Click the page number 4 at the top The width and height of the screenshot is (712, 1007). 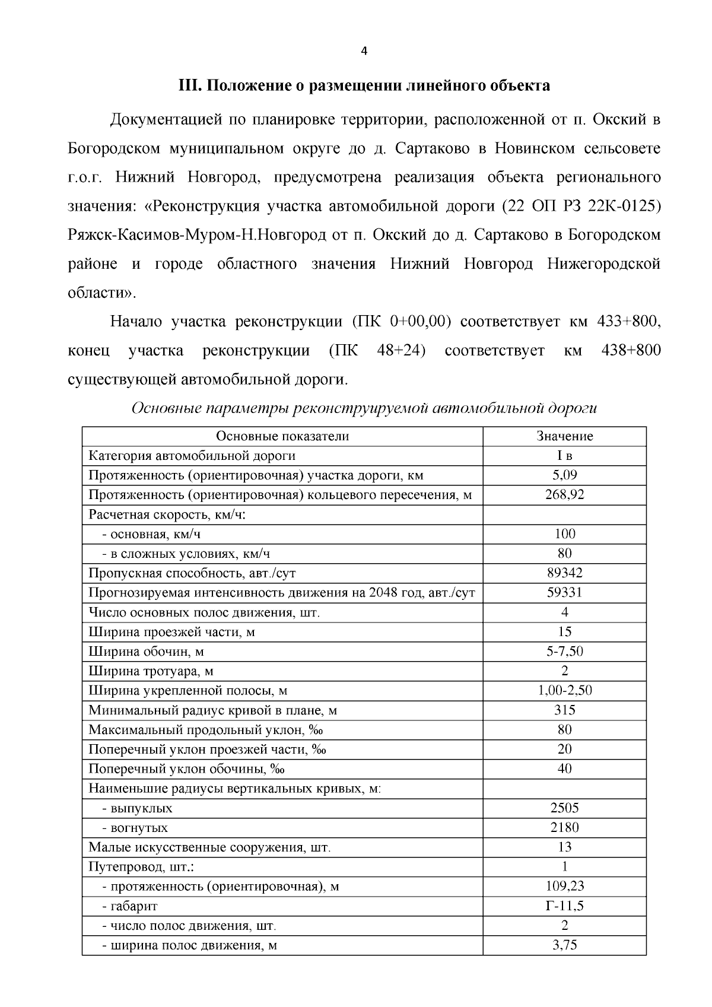click(x=364, y=52)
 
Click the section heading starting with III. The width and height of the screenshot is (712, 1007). click(x=364, y=86)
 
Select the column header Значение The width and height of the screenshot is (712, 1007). click(x=564, y=436)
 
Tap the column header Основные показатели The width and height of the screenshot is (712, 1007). click(x=282, y=436)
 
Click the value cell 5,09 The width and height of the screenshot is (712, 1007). click(x=564, y=475)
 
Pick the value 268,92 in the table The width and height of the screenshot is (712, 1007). click(x=564, y=495)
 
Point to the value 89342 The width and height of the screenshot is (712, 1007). click(x=564, y=573)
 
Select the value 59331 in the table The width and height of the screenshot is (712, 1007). click(x=564, y=593)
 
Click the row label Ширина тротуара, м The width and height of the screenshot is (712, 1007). click(x=151, y=671)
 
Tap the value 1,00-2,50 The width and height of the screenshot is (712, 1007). click(x=564, y=691)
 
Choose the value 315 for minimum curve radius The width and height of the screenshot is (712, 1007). click(x=564, y=710)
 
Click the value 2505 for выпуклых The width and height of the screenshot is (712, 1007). click(x=564, y=808)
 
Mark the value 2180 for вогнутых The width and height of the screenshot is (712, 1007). click(x=564, y=828)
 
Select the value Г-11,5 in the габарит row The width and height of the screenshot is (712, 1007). click(x=564, y=906)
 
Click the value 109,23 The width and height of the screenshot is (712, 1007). click(x=564, y=887)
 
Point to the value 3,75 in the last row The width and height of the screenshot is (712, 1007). click(x=564, y=945)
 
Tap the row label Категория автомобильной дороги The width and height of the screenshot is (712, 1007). click(x=192, y=456)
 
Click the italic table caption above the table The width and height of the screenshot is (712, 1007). click(x=364, y=408)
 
